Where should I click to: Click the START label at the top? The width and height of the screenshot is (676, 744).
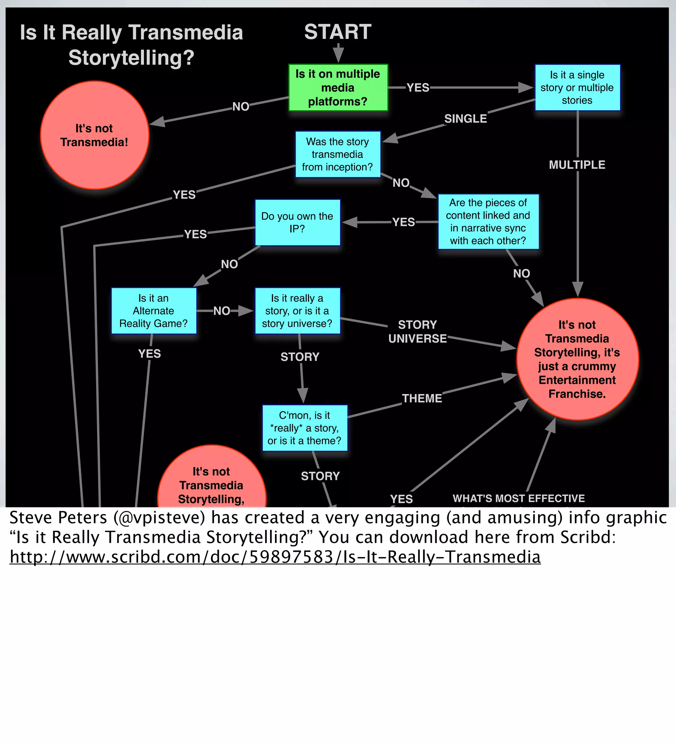click(x=337, y=32)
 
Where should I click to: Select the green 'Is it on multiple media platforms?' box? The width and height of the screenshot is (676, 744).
click(x=338, y=88)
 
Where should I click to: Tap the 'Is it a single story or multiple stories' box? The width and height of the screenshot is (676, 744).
click(x=577, y=88)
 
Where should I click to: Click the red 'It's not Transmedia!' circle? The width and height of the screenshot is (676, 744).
click(x=94, y=135)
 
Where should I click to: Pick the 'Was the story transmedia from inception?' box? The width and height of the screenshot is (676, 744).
click(x=337, y=154)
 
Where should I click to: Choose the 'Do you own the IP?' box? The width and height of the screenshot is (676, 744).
click(x=297, y=223)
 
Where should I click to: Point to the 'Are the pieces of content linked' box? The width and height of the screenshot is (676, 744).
click(x=488, y=222)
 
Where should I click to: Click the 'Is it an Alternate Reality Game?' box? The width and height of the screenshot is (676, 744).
click(x=153, y=311)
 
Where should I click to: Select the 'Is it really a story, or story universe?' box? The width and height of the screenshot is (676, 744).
click(x=297, y=311)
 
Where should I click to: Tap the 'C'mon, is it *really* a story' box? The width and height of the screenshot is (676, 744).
click(x=305, y=428)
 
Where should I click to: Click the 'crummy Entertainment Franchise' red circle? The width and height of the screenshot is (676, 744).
click(x=577, y=359)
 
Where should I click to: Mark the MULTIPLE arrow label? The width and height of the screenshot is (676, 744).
click(x=577, y=164)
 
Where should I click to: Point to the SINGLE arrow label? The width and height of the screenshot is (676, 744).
click(x=465, y=119)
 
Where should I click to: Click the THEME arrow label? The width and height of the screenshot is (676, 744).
click(x=422, y=398)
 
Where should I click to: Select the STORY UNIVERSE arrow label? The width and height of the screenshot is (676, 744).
click(x=418, y=332)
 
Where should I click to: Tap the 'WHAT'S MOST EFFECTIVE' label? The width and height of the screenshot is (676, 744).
click(x=519, y=498)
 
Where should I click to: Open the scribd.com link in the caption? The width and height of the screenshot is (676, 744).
click(x=275, y=557)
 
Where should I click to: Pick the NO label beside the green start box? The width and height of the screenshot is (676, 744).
click(x=241, y=107)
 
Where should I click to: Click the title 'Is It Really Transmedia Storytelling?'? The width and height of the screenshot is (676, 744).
click(x=131, y=45)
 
